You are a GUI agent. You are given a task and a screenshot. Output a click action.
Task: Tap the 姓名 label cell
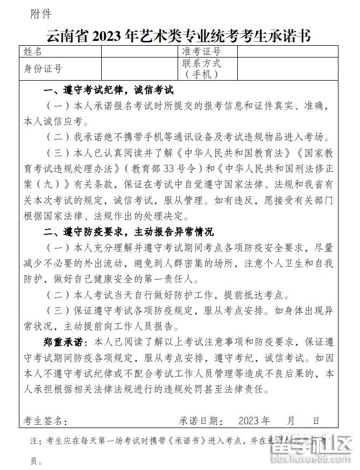(x=33, y=52)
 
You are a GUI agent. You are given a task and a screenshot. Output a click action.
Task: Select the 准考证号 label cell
(x=202, y=52)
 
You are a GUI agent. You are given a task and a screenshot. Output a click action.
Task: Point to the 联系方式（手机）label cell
(x=202, y=68)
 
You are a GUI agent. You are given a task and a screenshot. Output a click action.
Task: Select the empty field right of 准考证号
(x=288, y=52)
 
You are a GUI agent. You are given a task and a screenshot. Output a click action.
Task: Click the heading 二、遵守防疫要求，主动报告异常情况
(x=129, y=232)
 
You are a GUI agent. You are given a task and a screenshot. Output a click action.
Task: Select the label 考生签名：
(x=46, y=420)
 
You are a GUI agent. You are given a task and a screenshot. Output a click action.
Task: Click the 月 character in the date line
(x=291, y=420)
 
